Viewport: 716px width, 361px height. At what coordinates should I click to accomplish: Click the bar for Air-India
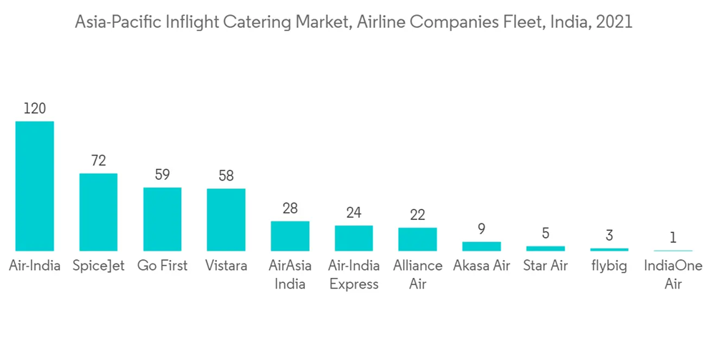coord(34,186)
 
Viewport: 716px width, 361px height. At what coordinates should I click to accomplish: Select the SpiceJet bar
coord(98,212)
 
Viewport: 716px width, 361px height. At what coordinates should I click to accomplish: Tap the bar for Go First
coord(162,218)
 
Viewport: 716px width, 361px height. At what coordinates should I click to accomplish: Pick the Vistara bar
coord(226,219)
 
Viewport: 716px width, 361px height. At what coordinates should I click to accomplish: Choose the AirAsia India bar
coord(290,236)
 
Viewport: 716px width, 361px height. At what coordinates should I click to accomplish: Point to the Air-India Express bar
coord(354,238)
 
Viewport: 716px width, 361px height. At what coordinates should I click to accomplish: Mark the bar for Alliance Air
coord(417,239)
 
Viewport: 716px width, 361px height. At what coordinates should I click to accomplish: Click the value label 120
coord(34,109)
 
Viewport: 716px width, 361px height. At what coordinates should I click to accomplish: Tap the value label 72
coord(98,160)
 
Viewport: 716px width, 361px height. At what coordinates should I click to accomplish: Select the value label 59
coord(162,175)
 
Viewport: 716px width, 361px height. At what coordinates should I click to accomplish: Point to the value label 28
coord(290,208)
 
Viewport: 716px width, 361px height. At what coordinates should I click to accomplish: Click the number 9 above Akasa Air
coord(482,229)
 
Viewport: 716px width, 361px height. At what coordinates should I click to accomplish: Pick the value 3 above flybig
coord(609,236)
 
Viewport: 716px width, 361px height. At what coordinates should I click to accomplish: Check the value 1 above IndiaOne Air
coord(673,238)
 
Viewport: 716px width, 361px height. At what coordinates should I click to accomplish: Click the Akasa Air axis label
coord(482,266)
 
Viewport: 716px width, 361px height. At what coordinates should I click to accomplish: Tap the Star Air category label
coord(546,266)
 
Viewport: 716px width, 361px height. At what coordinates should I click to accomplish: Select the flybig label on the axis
coord(609,266)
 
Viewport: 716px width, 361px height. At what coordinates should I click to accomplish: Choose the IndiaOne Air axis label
coord(673,274)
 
